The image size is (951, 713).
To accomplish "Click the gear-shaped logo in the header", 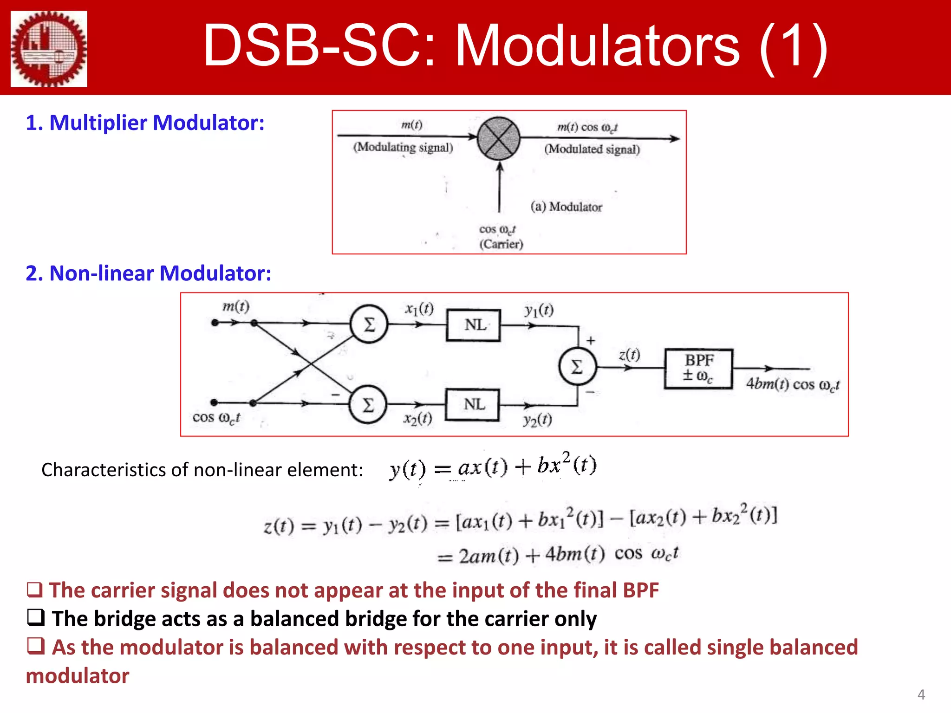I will point(49,49).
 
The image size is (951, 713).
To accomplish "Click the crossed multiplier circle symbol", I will point(498,138).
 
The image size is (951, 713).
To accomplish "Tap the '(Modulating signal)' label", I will point(403,148).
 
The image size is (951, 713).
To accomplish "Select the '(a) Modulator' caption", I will point(566,207).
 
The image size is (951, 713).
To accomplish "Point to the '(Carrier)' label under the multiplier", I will point(501,244).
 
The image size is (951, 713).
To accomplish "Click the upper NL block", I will point(473,325).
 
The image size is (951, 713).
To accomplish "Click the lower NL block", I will point(472,405).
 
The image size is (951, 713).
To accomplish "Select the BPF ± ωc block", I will point(698,368).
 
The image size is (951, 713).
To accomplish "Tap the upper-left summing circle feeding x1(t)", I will point(369,324).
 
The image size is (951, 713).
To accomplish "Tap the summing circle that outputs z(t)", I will point(577,367).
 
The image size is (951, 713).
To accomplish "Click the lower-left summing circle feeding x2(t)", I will point(368,405).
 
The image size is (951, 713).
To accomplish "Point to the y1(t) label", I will point(539,310).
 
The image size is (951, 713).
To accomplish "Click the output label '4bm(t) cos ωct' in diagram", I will point(792,384).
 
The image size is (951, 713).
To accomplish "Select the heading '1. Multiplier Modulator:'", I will point(145,123).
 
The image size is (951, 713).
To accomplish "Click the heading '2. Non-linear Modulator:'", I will point(148,273).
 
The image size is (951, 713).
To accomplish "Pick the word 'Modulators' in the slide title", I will point(597,46).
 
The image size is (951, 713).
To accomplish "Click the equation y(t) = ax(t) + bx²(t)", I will point(493,466).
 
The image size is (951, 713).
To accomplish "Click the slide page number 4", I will point(921,694).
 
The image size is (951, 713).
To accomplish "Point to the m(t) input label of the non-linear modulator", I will point(235,306).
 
